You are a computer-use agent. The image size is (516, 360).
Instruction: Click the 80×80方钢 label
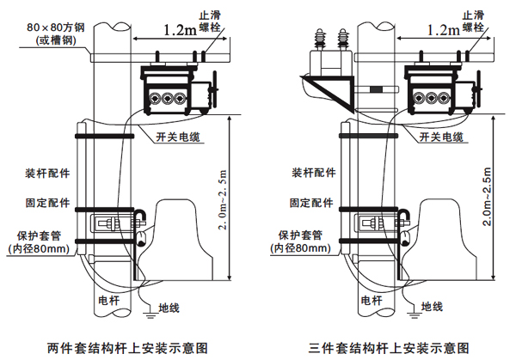(55, 27)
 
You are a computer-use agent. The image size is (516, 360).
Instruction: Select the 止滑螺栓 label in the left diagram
(209, 21)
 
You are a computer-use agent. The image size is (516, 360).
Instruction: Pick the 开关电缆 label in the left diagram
(178, 137)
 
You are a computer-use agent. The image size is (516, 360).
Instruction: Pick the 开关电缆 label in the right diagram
(440, 137)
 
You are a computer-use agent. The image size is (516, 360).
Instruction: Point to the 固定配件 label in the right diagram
(310, 204)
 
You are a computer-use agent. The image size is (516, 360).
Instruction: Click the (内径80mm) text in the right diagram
(300, 248)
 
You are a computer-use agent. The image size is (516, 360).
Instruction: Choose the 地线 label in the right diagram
(431, 306)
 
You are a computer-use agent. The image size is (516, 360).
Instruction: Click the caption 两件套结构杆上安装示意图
(128, 348)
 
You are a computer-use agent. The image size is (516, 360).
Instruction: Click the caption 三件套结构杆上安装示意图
(390, 348)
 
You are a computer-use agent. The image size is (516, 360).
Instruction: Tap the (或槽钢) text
(55, 40)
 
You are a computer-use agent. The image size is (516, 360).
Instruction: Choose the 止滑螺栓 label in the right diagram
(472, 21)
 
